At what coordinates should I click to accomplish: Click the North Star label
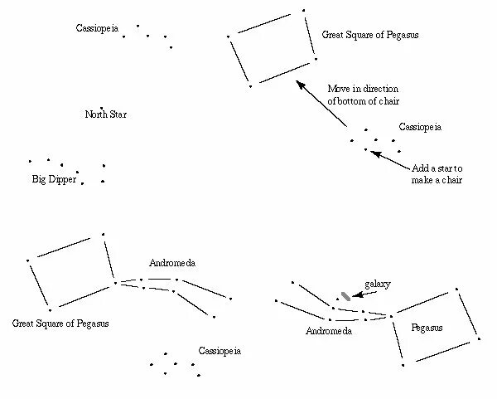(x=106, y=114)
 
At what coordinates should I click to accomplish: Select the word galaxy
(x=379, y=284)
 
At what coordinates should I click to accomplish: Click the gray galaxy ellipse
(x=345, y=296)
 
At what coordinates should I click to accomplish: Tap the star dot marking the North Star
(x=102, y=108)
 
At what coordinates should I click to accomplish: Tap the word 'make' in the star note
(x=422, y=180)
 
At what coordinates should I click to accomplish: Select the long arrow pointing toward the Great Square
(x=321, y=105)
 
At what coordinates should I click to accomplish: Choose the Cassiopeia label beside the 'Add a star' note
(x=420, y=128)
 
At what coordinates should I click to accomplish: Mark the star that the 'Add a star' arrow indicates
(x=365, y=149)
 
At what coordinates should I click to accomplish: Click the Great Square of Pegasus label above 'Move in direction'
(x=369, y=36)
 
